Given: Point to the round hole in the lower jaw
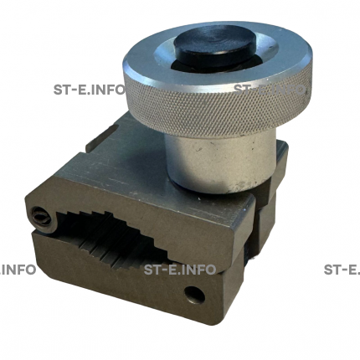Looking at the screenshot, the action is (x=195, y=295).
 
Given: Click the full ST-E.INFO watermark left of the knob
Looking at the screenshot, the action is (x=89, y=90).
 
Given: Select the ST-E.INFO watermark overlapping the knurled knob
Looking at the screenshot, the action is (x=269, y=90).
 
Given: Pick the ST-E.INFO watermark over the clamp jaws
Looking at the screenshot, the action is (x=180, y=270).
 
